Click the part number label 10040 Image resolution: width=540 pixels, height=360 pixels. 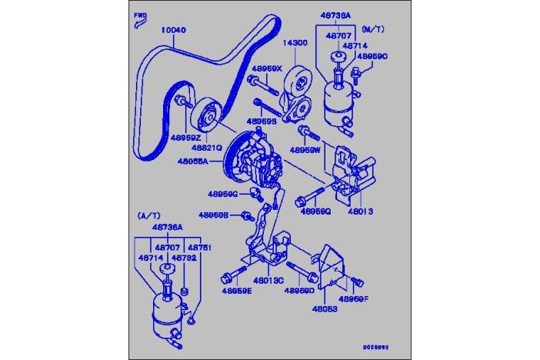tap(173, 30)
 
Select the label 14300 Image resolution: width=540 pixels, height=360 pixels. tap(297, 44)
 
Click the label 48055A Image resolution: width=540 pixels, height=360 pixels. tap(193, 162)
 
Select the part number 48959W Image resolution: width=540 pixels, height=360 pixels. tap(306, 150)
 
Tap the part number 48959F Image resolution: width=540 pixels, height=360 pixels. tap(354, 298)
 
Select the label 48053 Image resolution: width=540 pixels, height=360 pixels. tap(325, 309)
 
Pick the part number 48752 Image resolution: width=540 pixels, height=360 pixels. tap(185, 258)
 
